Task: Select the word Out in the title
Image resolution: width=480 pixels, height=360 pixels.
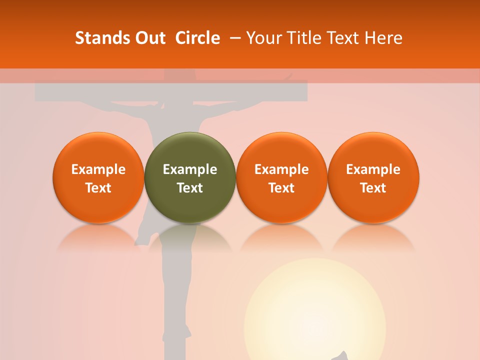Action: tap(148, 38)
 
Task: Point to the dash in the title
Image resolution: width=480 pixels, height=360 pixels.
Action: tap(233, 38)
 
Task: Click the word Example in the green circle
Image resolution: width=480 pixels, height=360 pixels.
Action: tap(190, 169)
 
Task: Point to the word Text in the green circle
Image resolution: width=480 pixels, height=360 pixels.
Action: tap(190, 188)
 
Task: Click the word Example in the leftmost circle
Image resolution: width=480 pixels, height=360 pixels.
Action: tap(98, 169)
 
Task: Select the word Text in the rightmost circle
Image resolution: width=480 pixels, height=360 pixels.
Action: tap(373, 188)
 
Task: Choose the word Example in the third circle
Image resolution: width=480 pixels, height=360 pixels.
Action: tap(281, 169)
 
